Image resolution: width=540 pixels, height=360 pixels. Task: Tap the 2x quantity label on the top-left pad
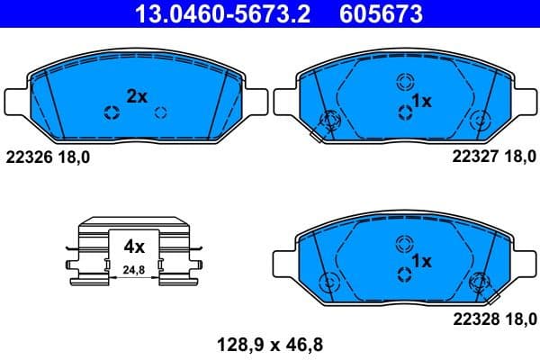(x=136, y=96)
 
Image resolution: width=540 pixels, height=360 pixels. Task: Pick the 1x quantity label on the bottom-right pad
(x=421, y=261)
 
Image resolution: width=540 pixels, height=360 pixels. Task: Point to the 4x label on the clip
(x=134, y=245)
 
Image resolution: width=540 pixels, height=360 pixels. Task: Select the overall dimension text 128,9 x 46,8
(x=269, y=343)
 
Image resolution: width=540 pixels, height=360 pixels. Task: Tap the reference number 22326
(x=29, y=157)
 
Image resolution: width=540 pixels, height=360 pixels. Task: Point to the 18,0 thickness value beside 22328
(x=517, y=317)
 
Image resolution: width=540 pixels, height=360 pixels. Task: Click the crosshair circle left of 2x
(x=112, y=112)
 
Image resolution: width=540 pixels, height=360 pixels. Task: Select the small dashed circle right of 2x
(x=161, y=112)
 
